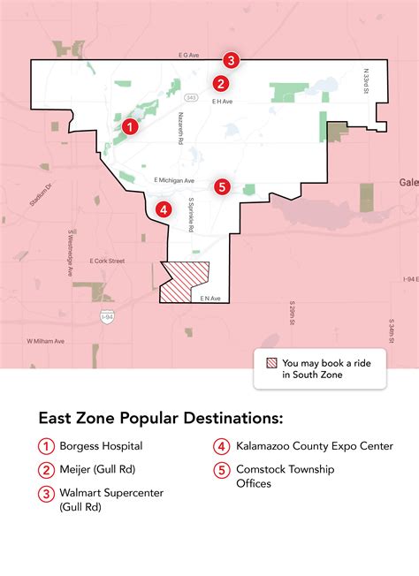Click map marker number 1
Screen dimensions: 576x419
point(130,127)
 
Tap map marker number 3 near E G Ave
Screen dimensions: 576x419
point(231,61)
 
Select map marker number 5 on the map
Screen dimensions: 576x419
point(222,186)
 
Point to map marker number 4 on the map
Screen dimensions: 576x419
point(163,209)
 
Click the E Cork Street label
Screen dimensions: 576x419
point(108,261)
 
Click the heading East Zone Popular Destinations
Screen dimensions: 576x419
point(160,417)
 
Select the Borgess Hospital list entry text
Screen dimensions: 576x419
point(101,446)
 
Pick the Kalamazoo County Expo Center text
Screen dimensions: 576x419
point(315,446)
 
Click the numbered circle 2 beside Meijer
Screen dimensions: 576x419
point(44,469)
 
